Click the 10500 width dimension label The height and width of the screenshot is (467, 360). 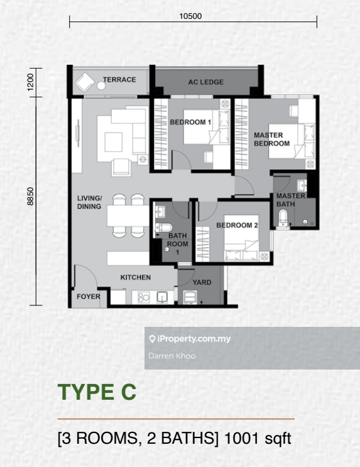[x=190, y=16]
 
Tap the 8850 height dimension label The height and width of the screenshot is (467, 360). [x=30, y=196]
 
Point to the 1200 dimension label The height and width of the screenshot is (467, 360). [x=30, y=82]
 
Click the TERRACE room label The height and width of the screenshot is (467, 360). [x=119, y=80]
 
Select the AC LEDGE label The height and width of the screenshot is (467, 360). [x=205, y=82]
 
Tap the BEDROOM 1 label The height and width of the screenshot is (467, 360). [x=190, y=122]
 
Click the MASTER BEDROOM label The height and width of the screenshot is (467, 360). [x=271, y=140]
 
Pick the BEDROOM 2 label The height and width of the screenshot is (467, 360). [x=237, y=226]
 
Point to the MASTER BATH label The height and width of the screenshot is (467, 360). [x=291, y=200]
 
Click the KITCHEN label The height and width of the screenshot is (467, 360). [x=136, y=277]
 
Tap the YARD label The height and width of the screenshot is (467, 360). [x=202, y=282]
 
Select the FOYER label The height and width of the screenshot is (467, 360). [x=89, y=297]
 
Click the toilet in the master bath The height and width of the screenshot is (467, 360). [x=283, y=219]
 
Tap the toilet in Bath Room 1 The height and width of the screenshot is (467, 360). [x=163, y=228]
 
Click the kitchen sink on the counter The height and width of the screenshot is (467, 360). [x=162, y=297]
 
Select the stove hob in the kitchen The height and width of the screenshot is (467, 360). [x=144, y=297]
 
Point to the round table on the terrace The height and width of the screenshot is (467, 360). [x=101, y=85]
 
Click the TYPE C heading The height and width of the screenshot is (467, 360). [x=97, y=392]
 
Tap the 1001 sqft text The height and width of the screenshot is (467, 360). [x=258, y=439]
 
